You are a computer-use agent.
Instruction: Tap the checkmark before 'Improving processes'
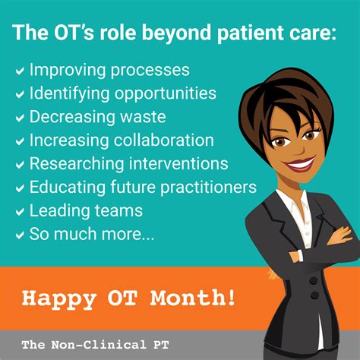(x=20, y=71)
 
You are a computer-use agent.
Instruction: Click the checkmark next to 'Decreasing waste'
(x=20, y=118)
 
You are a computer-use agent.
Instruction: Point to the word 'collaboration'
(x=168, y=141)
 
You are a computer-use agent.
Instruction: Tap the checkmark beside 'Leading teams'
(x=20, y=211)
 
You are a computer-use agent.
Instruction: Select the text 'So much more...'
(x=92, y=235)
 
